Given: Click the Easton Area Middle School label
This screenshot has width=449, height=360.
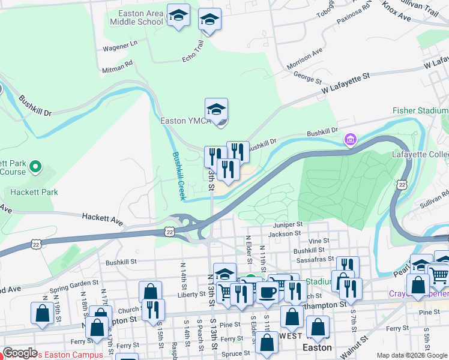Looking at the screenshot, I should [136, 17].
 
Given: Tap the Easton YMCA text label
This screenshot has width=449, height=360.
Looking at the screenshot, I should [185, 121].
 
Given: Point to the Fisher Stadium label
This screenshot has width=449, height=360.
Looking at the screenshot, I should [420, 110].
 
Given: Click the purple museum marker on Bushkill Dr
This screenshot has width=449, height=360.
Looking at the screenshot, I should [350, 140].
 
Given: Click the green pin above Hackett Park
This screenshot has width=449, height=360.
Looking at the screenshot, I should [35, 166].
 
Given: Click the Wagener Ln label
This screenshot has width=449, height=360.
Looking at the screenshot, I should [121, 45].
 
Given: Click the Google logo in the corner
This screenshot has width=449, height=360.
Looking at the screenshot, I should [20, 353].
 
